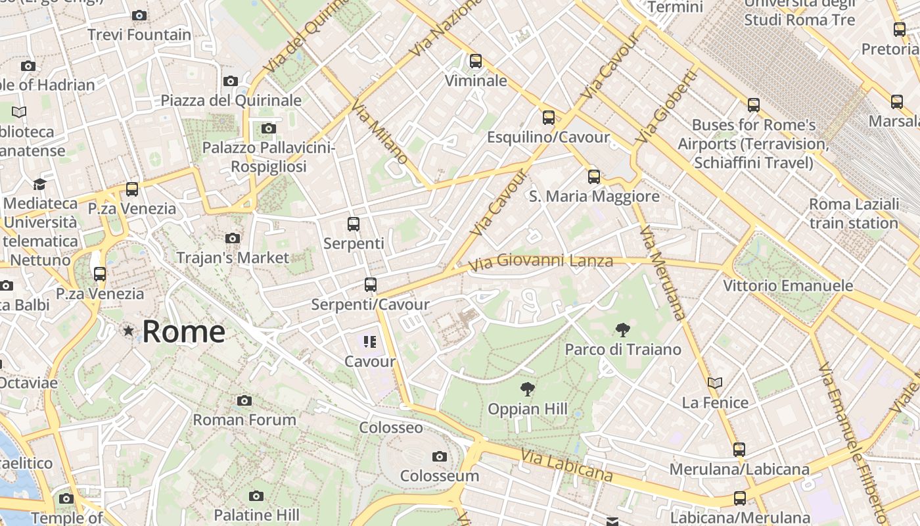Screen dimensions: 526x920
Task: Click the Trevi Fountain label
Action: point(139,35)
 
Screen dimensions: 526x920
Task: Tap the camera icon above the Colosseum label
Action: point(440,457)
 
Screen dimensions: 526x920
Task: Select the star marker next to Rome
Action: point(128,331)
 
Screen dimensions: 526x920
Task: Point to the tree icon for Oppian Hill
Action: point(527,389)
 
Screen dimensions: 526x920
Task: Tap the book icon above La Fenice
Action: point(715,383)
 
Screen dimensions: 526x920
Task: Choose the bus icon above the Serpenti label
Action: point(354,224)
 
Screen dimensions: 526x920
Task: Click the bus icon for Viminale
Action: point(476,61)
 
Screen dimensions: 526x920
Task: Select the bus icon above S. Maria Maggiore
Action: point(594,177)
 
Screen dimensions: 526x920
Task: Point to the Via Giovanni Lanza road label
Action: point(541,262)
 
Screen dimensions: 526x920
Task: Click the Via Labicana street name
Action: point(566,465)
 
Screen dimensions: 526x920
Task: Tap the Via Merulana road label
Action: point(662,272)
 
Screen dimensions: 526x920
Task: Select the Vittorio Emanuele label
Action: point(788,286)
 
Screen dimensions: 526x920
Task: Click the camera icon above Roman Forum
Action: point(244,400)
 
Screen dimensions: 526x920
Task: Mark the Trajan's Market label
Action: point(233,258)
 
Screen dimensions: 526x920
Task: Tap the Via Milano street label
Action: point(380,132)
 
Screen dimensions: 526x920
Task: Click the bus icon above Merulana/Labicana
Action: point(739,450)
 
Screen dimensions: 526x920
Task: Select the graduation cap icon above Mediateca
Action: point(40,184)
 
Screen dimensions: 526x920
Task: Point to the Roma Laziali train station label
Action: point(854,214)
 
